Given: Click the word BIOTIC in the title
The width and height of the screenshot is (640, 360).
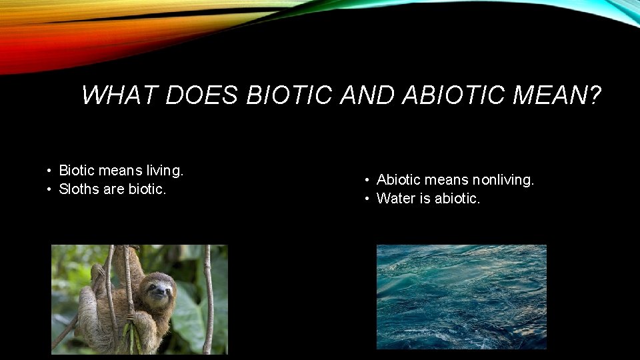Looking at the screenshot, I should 288,96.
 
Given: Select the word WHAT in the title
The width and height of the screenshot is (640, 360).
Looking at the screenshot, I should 119,96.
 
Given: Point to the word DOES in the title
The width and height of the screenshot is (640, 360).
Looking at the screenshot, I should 201,96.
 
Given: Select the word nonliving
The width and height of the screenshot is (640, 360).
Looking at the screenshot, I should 503,180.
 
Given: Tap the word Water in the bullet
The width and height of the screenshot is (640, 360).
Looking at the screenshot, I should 394,199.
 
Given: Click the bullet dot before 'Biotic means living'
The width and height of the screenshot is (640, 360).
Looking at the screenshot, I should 50,171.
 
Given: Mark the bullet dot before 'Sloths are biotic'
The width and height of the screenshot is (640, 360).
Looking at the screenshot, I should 50,190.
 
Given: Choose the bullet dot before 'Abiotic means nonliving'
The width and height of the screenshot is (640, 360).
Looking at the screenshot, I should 367,181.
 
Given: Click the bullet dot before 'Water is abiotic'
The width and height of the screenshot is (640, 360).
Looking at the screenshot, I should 367,199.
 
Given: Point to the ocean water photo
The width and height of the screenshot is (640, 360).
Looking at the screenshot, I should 461,297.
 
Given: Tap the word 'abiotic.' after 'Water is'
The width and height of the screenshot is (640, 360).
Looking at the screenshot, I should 457,199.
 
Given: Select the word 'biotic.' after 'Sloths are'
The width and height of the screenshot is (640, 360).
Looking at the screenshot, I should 145,189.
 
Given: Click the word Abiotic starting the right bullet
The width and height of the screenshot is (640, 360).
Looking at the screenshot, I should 398,180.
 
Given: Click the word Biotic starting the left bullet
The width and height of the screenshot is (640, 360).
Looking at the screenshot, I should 77,171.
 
